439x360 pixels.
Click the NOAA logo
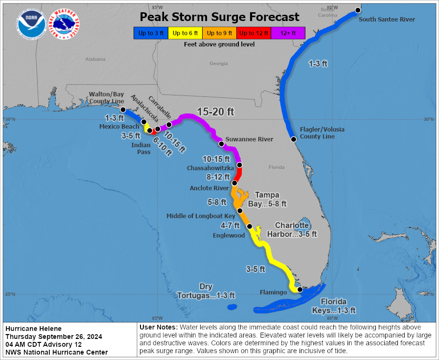31,24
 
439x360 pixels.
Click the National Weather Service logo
66,24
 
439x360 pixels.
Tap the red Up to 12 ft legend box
253,33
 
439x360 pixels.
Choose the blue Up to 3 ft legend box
150,33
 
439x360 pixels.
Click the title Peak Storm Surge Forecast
219,17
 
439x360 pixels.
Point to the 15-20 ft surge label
215,112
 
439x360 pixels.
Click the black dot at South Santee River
358,10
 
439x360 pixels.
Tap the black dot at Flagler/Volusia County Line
294,139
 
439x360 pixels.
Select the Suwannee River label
249,139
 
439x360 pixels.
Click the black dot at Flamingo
300,290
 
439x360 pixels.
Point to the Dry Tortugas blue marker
231,307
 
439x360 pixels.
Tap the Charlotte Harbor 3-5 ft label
292,229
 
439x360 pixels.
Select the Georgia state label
219,64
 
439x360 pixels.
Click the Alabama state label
95,59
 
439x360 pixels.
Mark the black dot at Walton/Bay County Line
123,110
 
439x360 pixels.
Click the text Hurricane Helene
34,329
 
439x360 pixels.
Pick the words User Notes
159,327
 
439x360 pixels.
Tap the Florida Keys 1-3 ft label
334,306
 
